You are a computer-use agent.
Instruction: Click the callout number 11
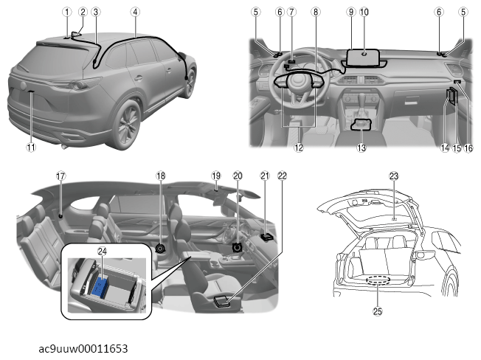point(31,148)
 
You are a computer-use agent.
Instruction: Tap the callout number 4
point(135,12)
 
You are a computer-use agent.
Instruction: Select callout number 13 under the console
point(361,148)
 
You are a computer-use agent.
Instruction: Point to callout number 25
point(377,311)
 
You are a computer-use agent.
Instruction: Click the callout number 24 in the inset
point(102,251)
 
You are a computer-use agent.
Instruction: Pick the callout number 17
point(60,176)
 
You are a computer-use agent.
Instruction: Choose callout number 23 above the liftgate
point(393,176)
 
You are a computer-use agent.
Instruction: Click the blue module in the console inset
point(100,288)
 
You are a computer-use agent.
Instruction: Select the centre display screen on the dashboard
point(363,58)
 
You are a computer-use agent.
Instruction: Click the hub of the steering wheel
point(297,80)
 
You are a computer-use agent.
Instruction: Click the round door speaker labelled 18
point(160,248)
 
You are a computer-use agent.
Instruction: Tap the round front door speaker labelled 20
point(238,247)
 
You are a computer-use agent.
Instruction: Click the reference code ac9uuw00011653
point(83,349)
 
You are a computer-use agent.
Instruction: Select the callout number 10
point(364,12)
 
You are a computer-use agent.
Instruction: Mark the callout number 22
point(282,176)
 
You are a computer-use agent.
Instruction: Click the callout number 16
point(468,148)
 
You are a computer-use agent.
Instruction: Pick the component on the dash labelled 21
point(266,236)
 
